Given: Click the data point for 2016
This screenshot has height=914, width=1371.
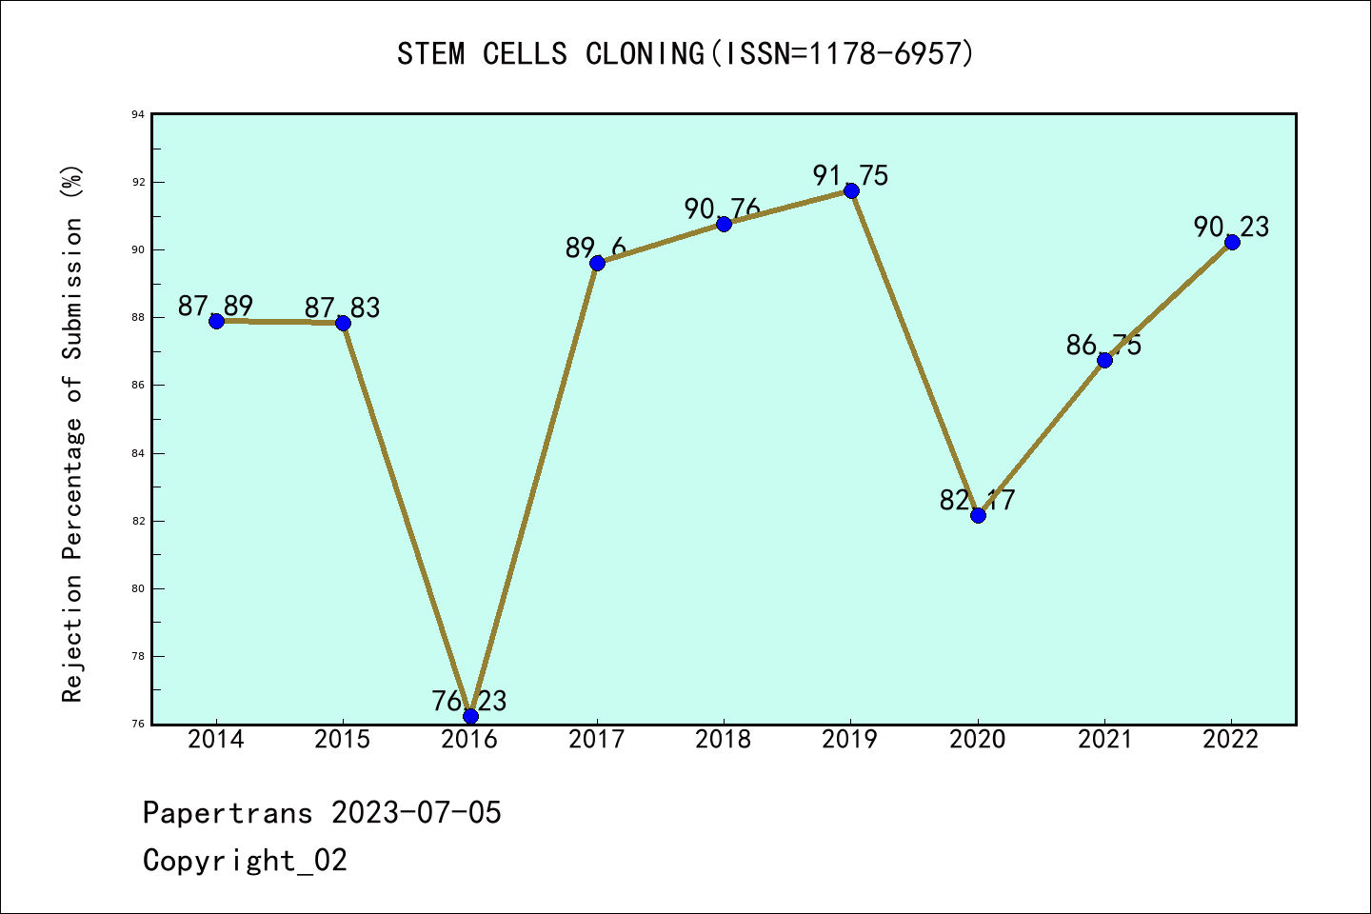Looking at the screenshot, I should pos(470,716).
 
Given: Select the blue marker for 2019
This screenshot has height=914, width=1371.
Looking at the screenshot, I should pos(851,191).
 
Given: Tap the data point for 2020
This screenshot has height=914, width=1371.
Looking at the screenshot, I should pos(978,515).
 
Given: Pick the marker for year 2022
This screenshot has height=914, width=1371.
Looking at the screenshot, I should pos(1232,242).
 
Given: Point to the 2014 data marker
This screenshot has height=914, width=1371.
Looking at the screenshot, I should pos(216,321).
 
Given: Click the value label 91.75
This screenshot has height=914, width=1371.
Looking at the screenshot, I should pos(850,175).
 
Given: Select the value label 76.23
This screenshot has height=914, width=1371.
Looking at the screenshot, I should pos(469,701).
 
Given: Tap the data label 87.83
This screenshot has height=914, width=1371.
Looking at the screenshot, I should pos(343,308).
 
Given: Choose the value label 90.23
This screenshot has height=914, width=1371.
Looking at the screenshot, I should pos(1231,227).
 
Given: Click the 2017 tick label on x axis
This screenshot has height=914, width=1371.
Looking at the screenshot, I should pos(597,740).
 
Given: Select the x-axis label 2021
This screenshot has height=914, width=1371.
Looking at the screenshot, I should pos(1104,740).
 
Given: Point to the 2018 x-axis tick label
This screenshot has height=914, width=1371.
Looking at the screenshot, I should pos(724,740).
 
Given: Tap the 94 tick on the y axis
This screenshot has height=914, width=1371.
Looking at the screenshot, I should pos(139,115).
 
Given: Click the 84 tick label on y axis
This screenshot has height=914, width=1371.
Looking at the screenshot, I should pos(139,454).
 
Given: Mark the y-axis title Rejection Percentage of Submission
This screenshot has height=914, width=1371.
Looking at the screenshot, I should pos(72,433).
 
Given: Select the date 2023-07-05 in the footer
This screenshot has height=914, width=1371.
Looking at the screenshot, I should pos(416,813).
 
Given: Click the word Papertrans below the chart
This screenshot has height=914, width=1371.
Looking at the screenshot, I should pos(228,813).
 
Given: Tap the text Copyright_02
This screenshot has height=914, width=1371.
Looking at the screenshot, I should pos(245,861).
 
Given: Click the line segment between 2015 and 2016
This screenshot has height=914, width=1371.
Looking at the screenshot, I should pos(407,520).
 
